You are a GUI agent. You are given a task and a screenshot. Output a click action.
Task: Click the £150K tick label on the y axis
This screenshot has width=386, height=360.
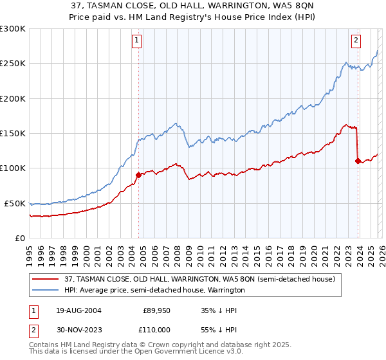(13, 134)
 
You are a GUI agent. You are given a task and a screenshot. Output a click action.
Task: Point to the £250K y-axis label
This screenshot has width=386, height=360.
(13, 64)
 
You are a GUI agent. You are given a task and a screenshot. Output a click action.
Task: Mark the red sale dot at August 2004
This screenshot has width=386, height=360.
(138, 174)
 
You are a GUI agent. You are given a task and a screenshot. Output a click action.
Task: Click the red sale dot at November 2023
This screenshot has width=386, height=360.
(357, 161)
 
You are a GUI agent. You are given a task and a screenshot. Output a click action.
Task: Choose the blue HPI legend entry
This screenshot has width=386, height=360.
(154, 291)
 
